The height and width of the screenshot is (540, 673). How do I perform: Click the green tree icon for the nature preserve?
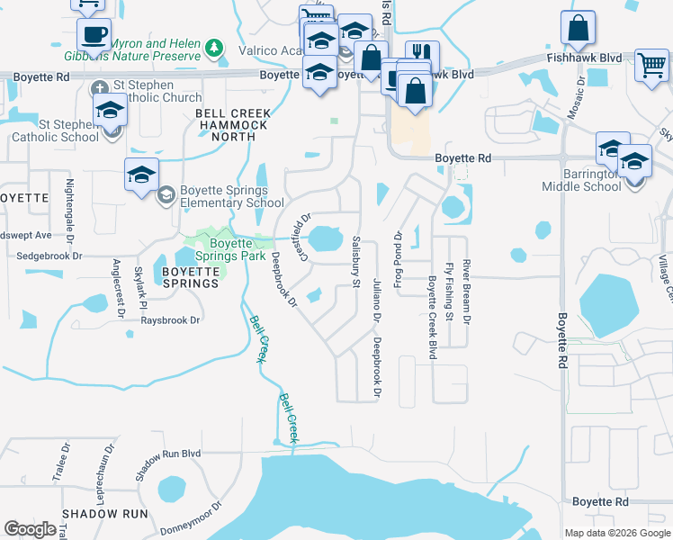(x=213, y=47)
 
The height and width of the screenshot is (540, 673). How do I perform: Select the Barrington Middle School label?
(x=581, y=180)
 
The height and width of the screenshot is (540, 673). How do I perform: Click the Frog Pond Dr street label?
(x=397, y=255)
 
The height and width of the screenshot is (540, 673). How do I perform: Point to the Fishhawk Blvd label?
(x=584, y=58)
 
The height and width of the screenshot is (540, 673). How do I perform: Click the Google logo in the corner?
(x=30, y=529)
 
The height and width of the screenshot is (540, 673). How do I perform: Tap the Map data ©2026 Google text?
(x=617, y=533)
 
